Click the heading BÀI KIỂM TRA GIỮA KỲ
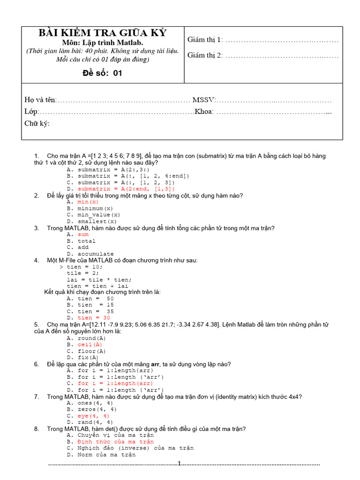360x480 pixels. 102,33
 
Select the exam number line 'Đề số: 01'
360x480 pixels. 102,73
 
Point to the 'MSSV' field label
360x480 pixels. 204,100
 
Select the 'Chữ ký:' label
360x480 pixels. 37,123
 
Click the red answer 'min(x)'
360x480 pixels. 88,202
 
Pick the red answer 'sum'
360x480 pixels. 83,234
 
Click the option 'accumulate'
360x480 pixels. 96,254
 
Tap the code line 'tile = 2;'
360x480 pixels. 81,273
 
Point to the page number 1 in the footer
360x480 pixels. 179,464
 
